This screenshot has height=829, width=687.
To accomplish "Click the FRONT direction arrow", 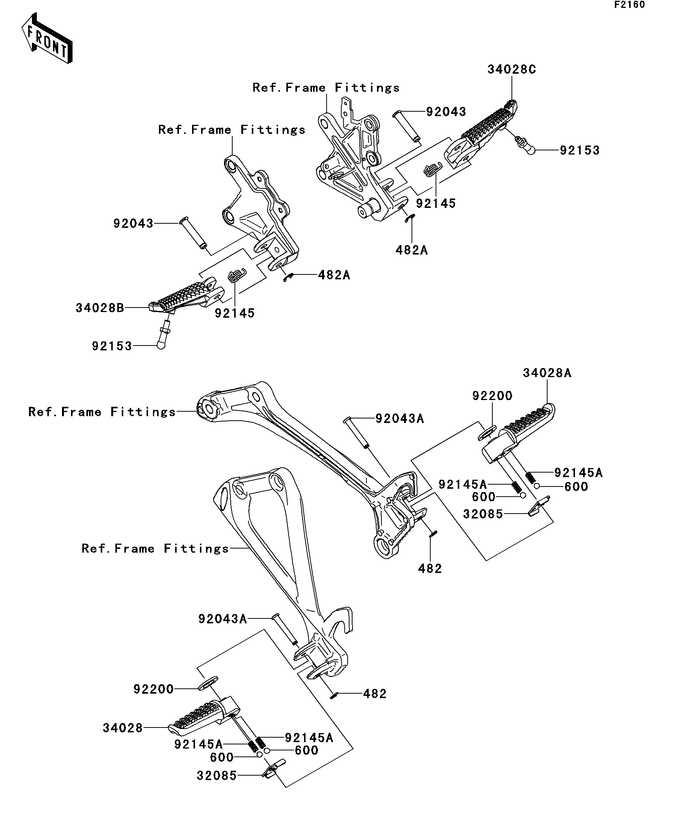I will pos(47,39).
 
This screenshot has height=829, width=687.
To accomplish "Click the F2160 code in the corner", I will pos(629,5).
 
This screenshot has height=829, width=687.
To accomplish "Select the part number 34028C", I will pos(511,70).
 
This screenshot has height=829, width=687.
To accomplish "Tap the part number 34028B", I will pos(100,308).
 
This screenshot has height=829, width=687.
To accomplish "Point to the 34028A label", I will pos(547,373).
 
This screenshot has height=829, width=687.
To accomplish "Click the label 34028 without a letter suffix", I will pos(123,728).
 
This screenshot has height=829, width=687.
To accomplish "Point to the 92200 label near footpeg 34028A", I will pos(492,396).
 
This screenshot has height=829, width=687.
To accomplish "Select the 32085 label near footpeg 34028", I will pos(216,776).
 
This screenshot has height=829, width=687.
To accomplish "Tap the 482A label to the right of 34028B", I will pos(334,275).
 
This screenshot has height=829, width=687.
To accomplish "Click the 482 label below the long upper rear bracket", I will pos(430,568).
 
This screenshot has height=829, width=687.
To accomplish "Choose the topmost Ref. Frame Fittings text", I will pos(326,88).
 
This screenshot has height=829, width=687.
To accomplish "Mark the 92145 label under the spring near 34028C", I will pos(436,204).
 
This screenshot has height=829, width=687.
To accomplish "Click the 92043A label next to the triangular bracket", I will pos(222,619).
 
